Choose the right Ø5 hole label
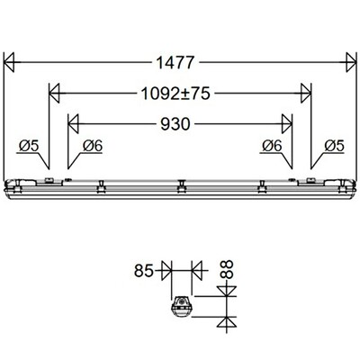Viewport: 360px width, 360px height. pos(332,145)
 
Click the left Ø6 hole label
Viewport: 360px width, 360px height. pos(91,145)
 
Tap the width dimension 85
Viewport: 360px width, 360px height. pos(145,269)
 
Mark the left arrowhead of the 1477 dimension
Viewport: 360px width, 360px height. pos(11,63)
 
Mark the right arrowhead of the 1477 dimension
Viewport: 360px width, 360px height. pos(349,63)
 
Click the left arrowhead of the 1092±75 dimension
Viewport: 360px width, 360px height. pos(54,93)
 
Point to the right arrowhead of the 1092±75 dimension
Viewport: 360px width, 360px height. pos(305,93)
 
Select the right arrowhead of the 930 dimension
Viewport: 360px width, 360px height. pos(286,123)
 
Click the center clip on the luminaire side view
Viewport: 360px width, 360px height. pos(181,186)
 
